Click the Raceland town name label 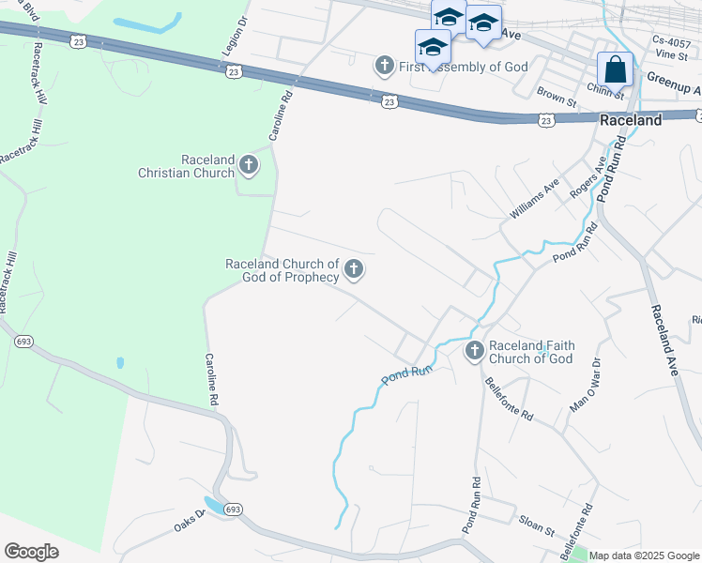[x=631, y=120]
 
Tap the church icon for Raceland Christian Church [x=249, y=165]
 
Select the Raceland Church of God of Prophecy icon [x=354, y=270]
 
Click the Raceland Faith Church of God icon [x=475, y=351]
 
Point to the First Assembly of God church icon [x=384, y=67]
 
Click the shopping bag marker [x=615, y=70]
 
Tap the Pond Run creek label [x=406, y=373]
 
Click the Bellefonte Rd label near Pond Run [x=508, y=399]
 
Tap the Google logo [x=31, y=552]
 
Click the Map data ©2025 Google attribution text [x=644, y=555]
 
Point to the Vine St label [x=671, y=55]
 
